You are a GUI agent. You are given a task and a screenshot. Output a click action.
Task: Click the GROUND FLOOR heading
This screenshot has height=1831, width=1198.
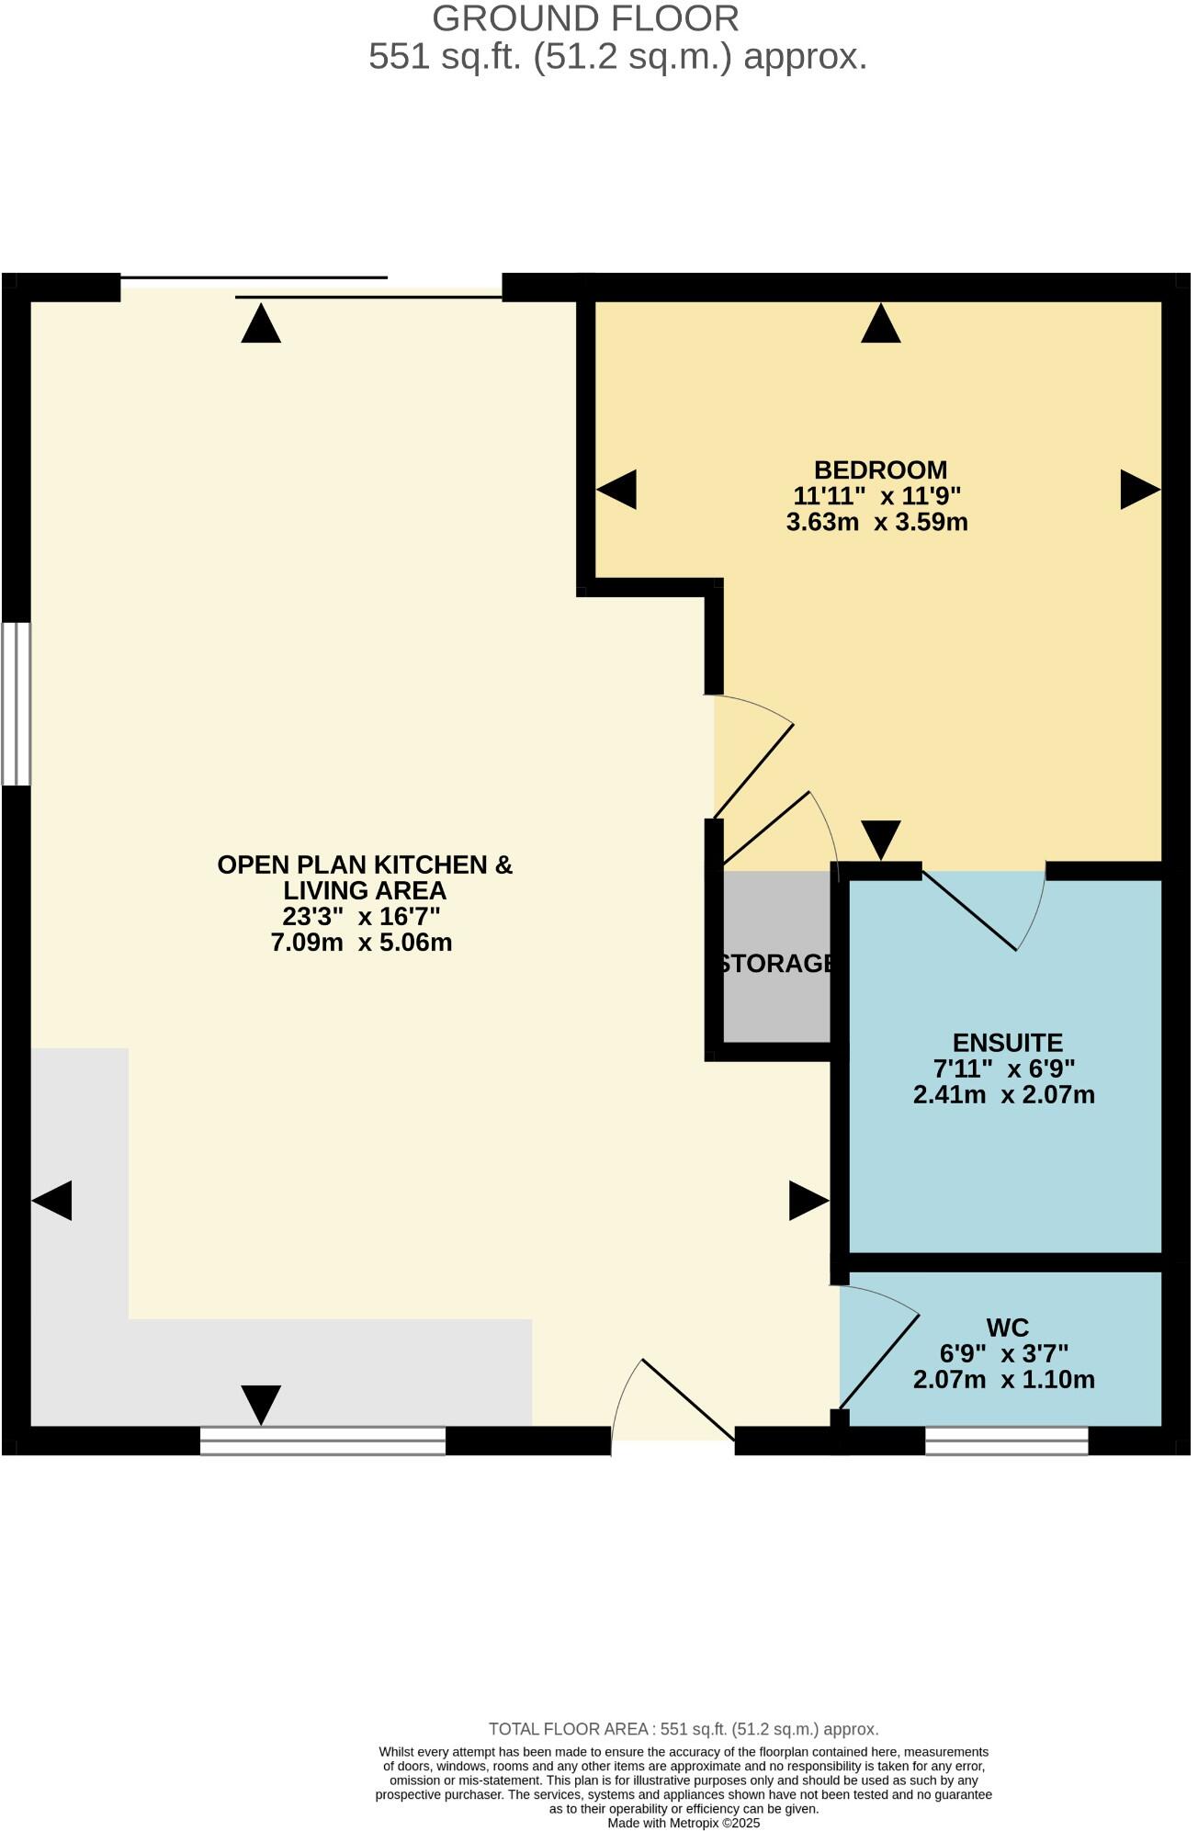click(x=585, y=19)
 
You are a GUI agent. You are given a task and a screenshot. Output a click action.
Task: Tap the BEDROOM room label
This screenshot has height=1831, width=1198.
click(x=880, y=470)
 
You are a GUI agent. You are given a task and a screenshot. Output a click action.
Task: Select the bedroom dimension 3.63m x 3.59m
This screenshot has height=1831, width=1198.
click(x=877, y=523)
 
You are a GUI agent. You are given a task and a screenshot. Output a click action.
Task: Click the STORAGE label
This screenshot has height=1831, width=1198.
click(x=777, y=964)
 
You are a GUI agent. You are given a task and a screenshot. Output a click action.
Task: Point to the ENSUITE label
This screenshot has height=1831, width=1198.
click(x=1007, y=1043)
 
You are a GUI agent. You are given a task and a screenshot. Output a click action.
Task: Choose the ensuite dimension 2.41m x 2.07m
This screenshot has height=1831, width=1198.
click(x=1004, y=1095)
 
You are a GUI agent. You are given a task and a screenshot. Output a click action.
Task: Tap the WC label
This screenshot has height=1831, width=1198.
click(x=1007, y=1328)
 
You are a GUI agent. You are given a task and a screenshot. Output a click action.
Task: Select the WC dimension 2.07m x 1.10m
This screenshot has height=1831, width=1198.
click(x=1004, y=1380)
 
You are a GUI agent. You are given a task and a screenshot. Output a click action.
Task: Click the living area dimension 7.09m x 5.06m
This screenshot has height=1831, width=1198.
click(x=361, y=943)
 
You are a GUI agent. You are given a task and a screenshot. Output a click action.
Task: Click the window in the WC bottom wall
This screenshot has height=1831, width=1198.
click(x=1006, y=1441)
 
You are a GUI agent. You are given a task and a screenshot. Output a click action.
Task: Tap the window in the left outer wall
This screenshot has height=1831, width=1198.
click(x=16, y=704)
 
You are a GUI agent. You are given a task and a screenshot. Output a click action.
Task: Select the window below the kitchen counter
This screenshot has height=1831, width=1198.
click(x=322, y=1441)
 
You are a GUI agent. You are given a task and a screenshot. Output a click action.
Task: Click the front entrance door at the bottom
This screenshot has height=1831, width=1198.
click(x=673, y=1415)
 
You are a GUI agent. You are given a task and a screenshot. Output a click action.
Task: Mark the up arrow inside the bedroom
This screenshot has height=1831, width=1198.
click(x=880, y=325)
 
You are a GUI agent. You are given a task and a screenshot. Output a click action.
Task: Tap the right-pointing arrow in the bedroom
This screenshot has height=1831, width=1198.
click(x=1139, y=490)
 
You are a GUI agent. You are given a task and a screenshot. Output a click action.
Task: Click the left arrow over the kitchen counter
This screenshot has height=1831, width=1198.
click(x=52, y=1201)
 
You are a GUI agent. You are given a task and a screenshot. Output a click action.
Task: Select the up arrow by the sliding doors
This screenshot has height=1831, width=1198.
click(x=261, y=325)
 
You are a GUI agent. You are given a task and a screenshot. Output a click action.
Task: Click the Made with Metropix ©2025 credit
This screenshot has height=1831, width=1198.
click(x=684, y=1823)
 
